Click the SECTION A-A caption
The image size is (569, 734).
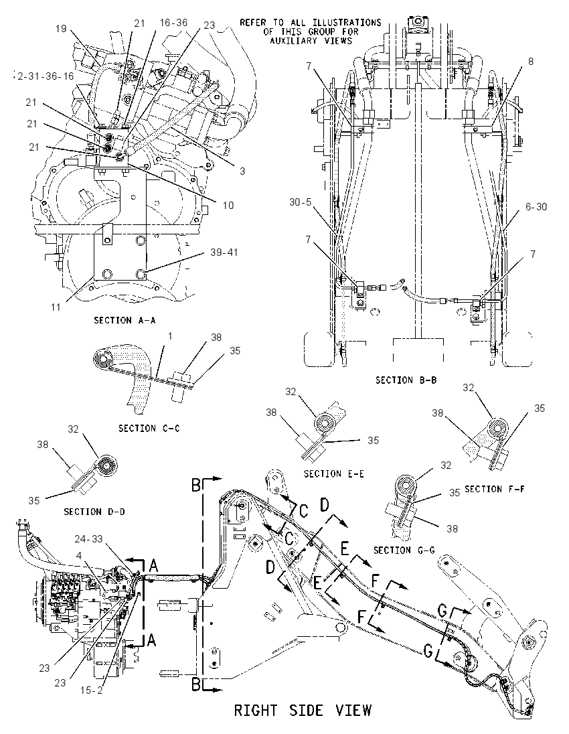pyautogui.click(x=125, y=320)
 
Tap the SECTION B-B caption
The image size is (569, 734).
pyautogui.click(x=406, y=380)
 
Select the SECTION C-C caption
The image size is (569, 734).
pyautogui.click(x=149, y=428)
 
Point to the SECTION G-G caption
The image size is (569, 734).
pyautogui.click(x=404, y=550)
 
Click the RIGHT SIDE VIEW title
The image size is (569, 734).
pyautogui.click(x=303, y=710)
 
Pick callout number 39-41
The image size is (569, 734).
pyautogui.click(x=224, y=252)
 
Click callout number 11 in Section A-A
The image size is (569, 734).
pyautogui.click(x=56, y=307)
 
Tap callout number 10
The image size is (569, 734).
pyautogui.click(x=228, y=205)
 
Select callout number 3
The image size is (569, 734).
pyautogui.click(x=242, y=171)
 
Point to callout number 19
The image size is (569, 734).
pyautogui.click(x=62, y=29)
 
